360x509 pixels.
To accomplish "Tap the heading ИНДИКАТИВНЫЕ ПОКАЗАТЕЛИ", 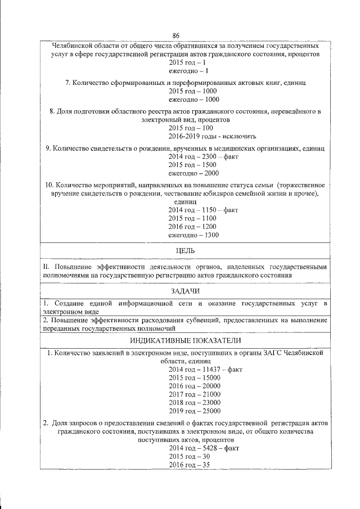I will (185, 340).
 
